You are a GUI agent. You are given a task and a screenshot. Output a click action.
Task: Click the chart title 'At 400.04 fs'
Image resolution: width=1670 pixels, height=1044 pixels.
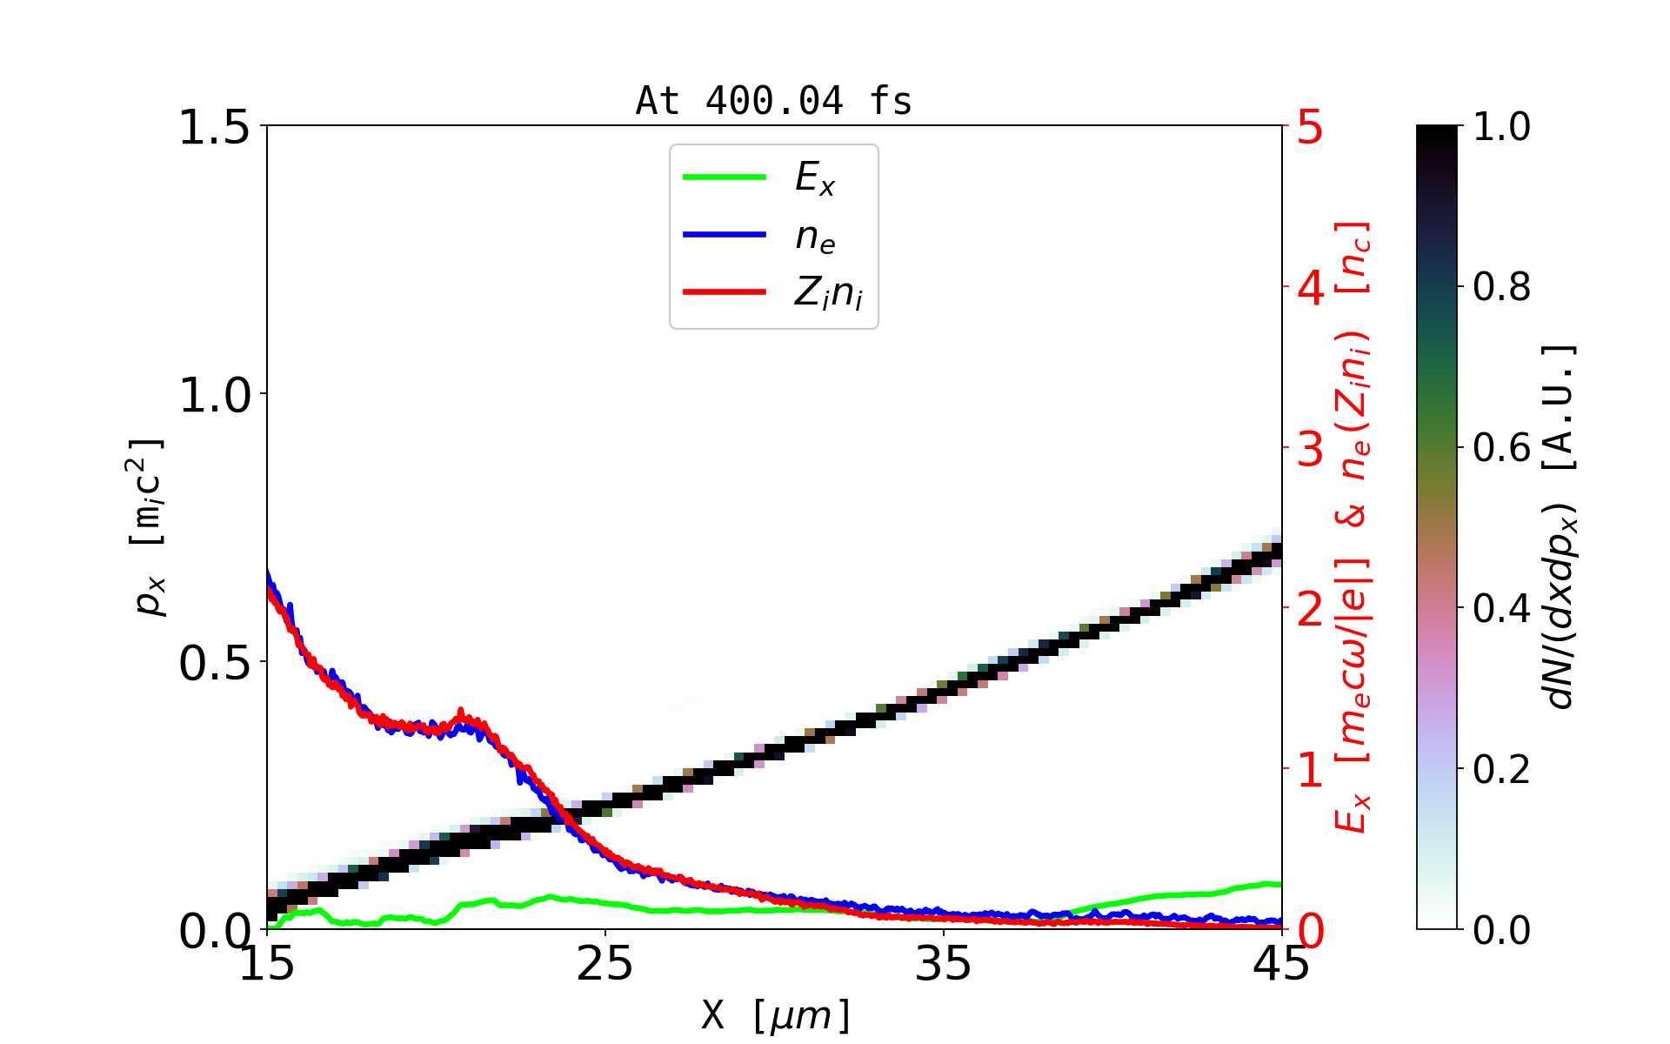coord(773,101)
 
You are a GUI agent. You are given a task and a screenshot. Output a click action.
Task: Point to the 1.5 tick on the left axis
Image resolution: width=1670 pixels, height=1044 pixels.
coord(214,127)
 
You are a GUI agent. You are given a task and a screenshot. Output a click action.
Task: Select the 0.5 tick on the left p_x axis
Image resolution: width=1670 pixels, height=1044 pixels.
coord(214,663)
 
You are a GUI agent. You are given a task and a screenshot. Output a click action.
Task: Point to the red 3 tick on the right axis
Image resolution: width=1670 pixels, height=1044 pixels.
coord(1311,449)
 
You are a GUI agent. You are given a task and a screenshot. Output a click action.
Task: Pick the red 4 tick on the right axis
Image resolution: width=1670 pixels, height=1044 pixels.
coord(1311,288)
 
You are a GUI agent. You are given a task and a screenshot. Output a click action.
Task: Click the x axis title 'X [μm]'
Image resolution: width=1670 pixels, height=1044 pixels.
coord(775,1014)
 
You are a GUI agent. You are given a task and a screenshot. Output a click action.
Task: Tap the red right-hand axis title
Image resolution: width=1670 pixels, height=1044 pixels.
coord(1353,526)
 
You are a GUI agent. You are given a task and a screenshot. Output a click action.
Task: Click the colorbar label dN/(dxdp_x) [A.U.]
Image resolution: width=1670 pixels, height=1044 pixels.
coord(1561,526)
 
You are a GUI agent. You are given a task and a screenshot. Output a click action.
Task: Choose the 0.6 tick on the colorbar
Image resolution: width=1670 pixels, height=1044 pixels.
coord(1501,448)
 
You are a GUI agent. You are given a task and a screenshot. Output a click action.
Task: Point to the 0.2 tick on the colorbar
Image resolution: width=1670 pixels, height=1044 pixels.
coord(1501,769)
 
